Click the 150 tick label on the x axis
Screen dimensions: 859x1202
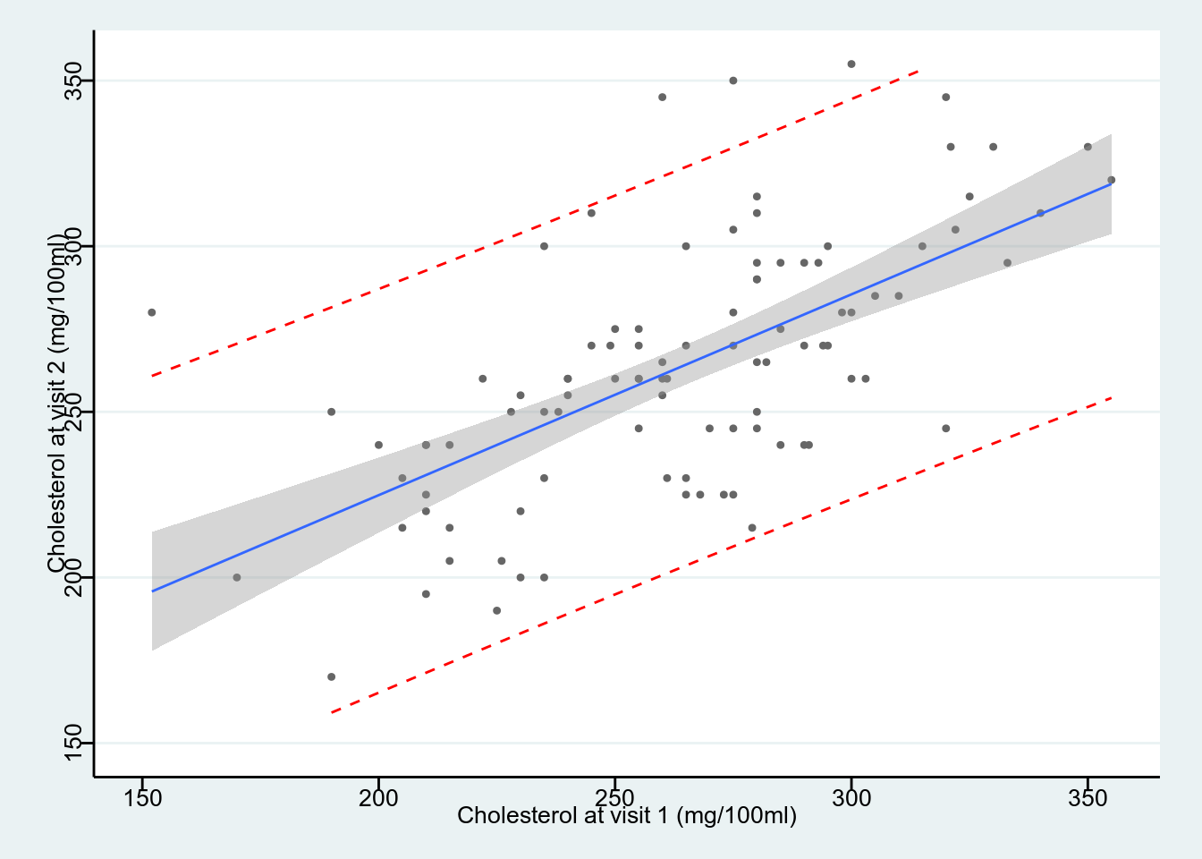pos(142,796)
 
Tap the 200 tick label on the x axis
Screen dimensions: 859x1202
pos(378,796)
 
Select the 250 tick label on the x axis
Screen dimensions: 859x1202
pos(614,796)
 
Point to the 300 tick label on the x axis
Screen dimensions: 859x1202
pos(851,796)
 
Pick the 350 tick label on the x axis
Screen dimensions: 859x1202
pos(1088,796)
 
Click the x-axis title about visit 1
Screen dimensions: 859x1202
pos(626,815)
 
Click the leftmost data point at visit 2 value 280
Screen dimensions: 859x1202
pos(152,312)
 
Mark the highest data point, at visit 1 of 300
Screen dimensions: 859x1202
pos(851,64)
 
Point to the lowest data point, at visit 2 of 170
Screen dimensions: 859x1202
pos(331,676)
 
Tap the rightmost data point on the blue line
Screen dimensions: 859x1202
pos(1111,180)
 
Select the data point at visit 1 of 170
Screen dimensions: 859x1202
pos(237,577)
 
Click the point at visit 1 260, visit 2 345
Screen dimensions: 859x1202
pos(662,98)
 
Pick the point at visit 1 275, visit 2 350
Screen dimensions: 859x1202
pos(733,81)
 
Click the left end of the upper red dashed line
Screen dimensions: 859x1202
pos(152,376)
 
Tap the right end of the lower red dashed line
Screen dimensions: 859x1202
pos(1111,397)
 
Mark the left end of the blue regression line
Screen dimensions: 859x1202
pos(152,591)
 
